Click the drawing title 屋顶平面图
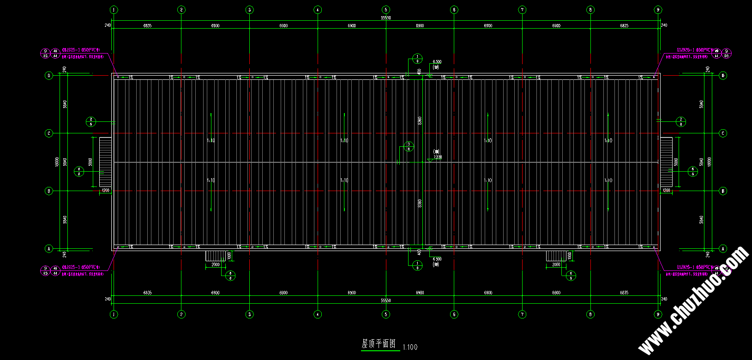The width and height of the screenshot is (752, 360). [379, 344]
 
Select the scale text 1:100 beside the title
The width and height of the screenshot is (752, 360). [410, 347]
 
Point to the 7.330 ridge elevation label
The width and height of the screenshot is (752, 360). [438, 157]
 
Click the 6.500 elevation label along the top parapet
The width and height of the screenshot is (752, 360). [437, 62]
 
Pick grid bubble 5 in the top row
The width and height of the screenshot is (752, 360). [386, 10]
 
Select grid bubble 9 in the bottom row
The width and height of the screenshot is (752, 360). [658, 314]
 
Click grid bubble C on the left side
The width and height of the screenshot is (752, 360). [49, 133]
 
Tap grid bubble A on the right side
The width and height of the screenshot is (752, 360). [723, 249]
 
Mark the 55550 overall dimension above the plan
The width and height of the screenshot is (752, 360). [386, 18]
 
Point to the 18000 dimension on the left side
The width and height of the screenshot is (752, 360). [57, 162]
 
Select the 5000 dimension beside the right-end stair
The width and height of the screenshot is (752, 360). [676, 162]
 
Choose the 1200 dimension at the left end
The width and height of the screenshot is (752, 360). [105, 190]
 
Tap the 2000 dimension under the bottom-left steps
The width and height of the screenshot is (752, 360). [216, 265]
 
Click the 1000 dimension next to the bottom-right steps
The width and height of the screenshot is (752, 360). [569, 255]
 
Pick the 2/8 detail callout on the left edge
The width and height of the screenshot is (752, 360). [91, 122]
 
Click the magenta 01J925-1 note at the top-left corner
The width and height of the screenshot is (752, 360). [81, 48]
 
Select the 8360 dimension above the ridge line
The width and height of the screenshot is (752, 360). [420, 120]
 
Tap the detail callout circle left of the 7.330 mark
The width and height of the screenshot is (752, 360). [409, 147]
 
